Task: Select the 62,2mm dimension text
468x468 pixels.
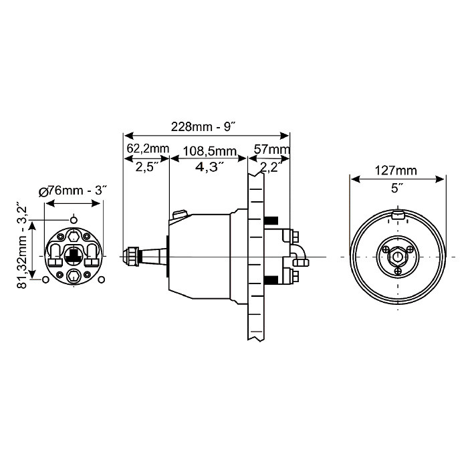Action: click(x=148, y=148)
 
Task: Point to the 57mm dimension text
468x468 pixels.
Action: click(x=271, y=148)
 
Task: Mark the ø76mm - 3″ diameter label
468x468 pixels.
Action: click(x=74, y=191)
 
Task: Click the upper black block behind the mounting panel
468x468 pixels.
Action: click(x=271, y=221)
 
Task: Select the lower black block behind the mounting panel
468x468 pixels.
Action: click(x=271, y=279)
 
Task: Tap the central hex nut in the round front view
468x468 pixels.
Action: click(x=398, y=256)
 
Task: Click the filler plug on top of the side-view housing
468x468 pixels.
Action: click(x=179, y=214)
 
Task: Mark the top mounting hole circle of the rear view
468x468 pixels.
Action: click(x=74, y=219)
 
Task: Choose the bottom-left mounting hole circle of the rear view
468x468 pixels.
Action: click(x=45, y=279)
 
